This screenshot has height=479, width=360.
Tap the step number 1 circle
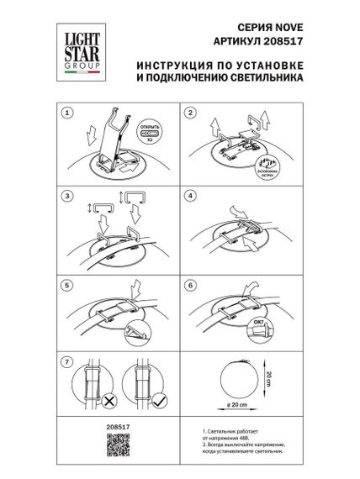coord(67,112)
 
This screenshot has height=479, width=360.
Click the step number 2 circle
coord(189,112)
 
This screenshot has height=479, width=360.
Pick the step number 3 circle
coord(67,196)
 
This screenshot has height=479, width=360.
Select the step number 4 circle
coord(189,196)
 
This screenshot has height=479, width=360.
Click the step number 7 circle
coord(67,361)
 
